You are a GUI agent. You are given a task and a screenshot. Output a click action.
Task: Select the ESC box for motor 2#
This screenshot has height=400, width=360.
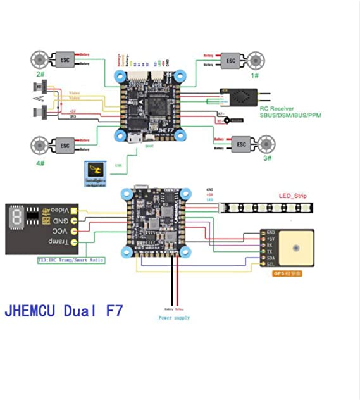click(64, 59)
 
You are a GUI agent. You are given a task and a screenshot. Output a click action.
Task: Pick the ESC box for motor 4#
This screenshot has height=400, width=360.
click(64, 146)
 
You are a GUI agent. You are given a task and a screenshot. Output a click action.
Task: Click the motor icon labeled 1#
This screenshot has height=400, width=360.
click(256, 60)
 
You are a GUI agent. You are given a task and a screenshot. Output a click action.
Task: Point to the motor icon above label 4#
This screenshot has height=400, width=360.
click(39, 146)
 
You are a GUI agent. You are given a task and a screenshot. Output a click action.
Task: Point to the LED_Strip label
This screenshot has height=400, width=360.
click(292, 196)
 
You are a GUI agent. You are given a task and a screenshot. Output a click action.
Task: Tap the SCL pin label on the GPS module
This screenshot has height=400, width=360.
click(270, 264)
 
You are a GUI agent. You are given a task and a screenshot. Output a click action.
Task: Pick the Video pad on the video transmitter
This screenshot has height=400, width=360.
click(74, 210)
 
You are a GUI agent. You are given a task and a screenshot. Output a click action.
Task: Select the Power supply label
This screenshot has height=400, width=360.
click(174, 318)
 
